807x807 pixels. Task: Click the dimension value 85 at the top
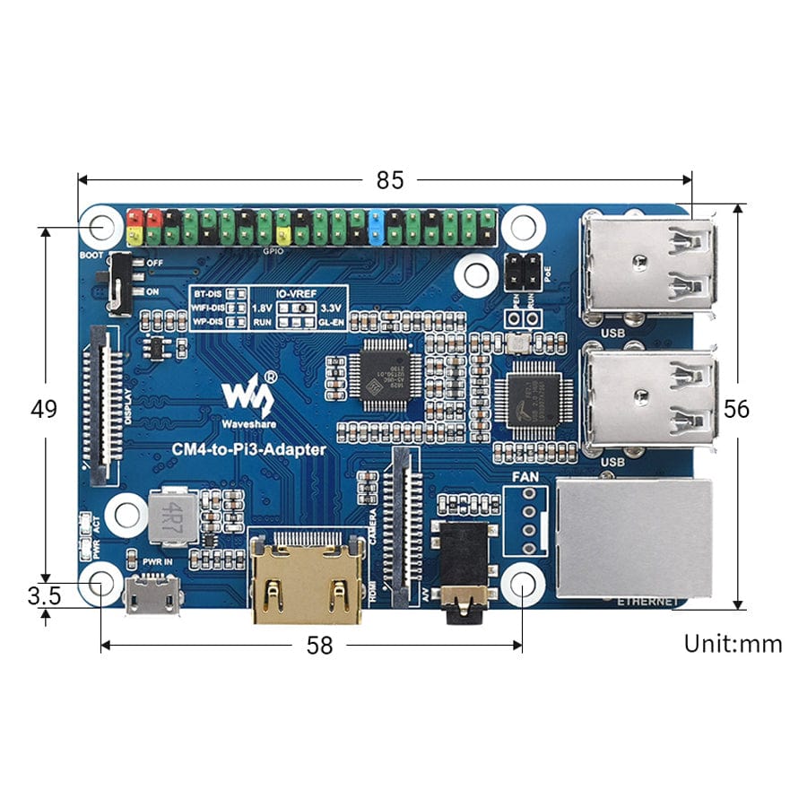389,180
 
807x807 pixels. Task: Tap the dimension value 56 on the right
736,409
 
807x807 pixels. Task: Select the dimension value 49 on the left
44,409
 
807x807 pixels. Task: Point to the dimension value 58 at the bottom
318,645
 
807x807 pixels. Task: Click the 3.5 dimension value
44,596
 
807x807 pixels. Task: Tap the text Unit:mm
733,644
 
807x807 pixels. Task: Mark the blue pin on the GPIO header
377,227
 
